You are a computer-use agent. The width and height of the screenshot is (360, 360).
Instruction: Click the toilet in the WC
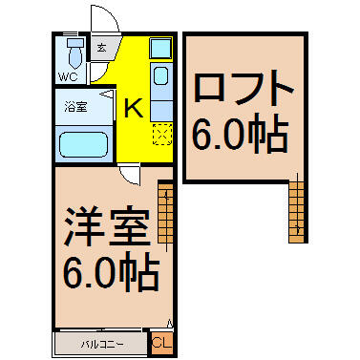point(75,53)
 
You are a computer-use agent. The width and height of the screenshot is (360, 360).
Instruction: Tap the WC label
point(68,77)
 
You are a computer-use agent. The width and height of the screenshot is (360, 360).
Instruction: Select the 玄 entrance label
point(101,48)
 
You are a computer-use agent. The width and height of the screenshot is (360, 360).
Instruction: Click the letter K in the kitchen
point(133,108)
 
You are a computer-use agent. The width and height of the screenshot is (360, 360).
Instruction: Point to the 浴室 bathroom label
point(75,107)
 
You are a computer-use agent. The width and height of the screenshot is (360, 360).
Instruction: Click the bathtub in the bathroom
point(84,144)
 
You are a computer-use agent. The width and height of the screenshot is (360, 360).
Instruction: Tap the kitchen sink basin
point(160,76)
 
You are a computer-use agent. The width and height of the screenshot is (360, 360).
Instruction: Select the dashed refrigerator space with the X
point(162,135)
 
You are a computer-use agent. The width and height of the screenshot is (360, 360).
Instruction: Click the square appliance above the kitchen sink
point(160,48)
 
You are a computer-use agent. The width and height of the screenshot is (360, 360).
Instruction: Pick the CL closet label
point(162,343)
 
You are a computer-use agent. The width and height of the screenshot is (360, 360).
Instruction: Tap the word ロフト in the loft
point(244,88)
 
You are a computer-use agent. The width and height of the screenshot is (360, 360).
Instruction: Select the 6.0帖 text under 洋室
point(112,272)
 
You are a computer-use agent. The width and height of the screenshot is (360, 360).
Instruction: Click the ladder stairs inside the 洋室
point(165,213)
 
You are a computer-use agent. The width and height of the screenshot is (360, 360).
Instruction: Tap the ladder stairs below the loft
point(297,213)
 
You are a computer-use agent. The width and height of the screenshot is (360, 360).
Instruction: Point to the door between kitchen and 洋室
point(130,174)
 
